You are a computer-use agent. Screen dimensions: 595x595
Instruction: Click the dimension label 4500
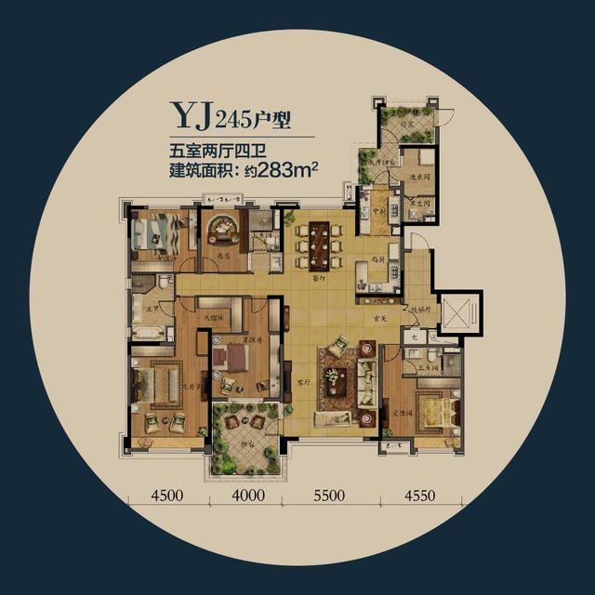[x=166, y=496]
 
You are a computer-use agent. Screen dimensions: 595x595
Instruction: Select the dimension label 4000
[x=246, y=496]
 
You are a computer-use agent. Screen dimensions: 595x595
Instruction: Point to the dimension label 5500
[x=331, y=496]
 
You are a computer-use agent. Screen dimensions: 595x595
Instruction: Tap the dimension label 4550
[x=419, y=496]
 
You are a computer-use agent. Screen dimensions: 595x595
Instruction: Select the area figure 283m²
[x=290, y=170]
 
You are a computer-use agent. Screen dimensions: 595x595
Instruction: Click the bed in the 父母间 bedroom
[x=433, y=410]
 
